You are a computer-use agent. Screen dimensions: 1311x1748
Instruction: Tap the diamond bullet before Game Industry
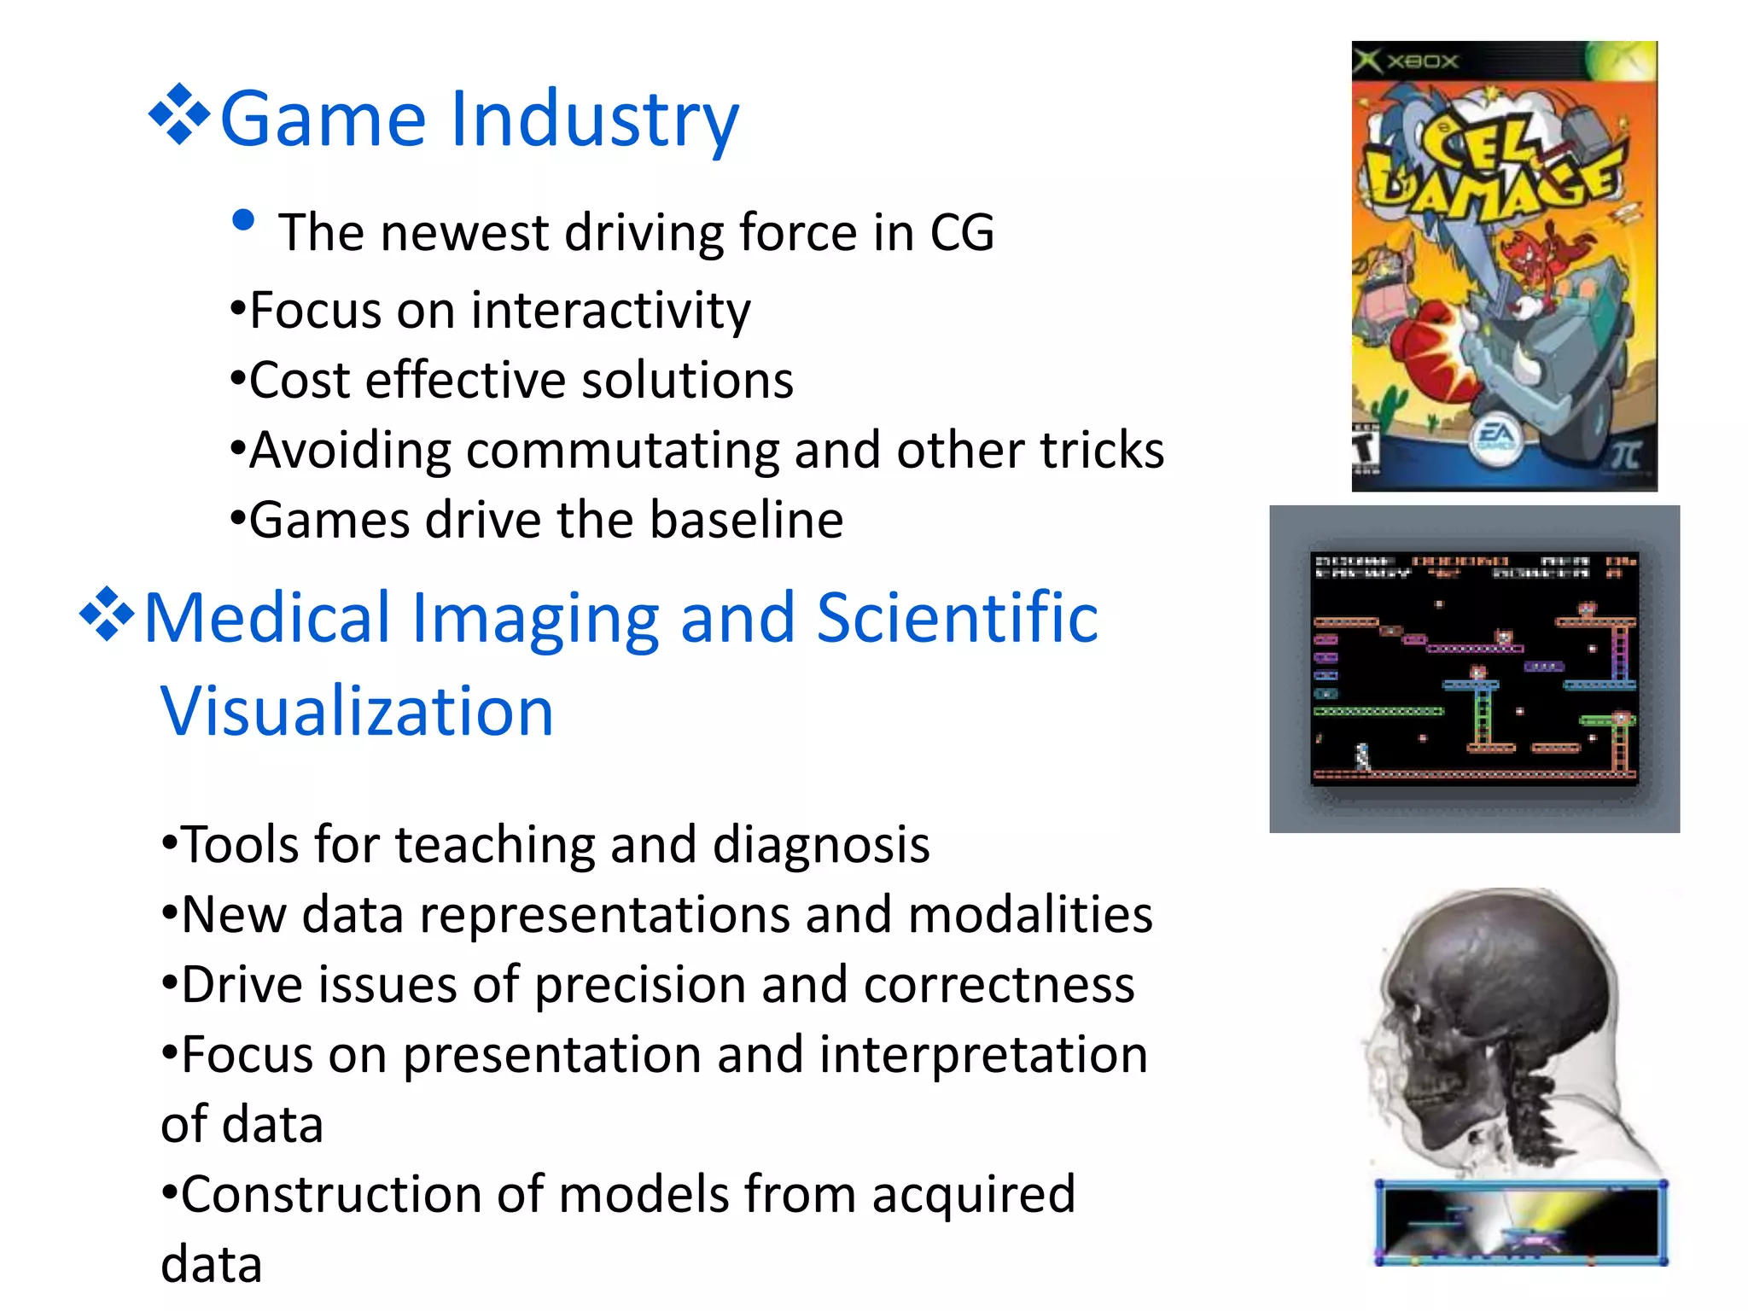click(x=179, y=114)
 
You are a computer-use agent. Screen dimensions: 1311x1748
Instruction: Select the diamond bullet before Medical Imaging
click(x=108, y=613)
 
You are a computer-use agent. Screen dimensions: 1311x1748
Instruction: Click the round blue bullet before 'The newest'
click(x=243, y=220)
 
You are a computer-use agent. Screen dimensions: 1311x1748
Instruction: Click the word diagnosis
click(x=820, y=845)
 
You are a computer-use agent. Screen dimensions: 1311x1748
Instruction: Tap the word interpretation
click(x=983, y=1055)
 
